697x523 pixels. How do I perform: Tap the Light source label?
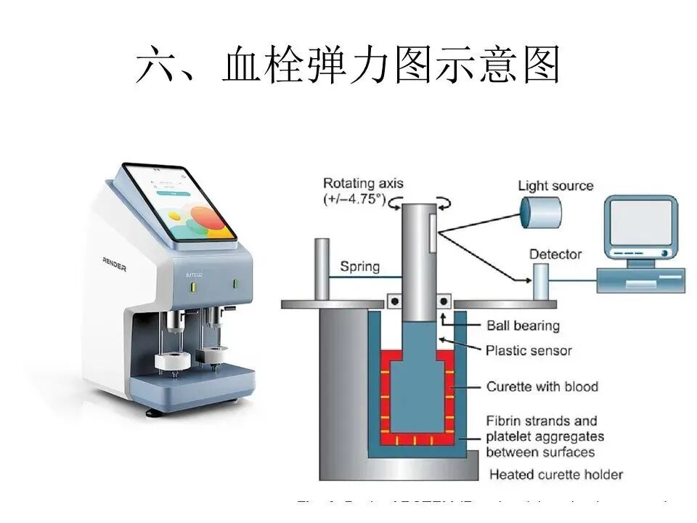click(555, 186)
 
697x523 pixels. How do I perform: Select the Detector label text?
click(555, 254)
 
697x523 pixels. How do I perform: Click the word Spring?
click(359, 267)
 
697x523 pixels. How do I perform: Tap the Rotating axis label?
click(362, 184)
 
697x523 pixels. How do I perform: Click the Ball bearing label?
click(523, 326)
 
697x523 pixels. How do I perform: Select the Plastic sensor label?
click(529, 350)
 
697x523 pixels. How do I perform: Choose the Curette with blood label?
click(542, 386)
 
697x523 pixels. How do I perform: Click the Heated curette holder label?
click(555, 475)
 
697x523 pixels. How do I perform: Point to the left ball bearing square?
click(394, 299)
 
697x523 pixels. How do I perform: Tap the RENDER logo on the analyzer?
click(114, 267)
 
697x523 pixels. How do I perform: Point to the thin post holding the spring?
click(320, 268)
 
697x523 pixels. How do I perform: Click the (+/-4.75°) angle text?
click(355, 199)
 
